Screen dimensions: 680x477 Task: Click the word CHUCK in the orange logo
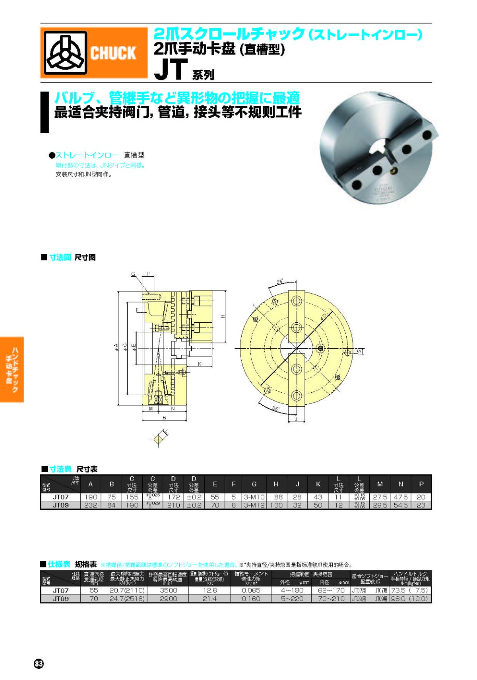click(113, 53)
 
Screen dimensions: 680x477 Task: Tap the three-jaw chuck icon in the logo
click(65, 53)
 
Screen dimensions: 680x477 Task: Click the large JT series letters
click(171, 70)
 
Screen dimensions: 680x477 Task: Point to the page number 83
click(39, 664)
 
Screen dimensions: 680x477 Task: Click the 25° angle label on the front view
click(280, 282)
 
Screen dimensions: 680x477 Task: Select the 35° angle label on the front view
click(275, 409)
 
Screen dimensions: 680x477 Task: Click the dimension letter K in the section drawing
click(200, 364)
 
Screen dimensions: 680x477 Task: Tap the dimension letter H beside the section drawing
click(223, 316)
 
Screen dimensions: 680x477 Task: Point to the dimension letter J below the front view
click(296, 419)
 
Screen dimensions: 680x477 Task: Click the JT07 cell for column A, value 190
click(91, 497)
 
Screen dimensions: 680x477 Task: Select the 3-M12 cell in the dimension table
click(254, 505)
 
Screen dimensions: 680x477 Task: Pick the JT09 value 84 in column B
click(112, 505)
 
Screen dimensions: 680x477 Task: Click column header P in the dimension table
click(421, 484)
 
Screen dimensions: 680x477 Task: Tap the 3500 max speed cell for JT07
click(168, 590)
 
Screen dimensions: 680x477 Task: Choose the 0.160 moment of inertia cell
click(251, 599)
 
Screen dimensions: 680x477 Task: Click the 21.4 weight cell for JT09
click(209, 599)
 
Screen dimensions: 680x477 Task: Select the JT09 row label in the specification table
click(61, 599)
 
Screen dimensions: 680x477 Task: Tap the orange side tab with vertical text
click(12, 370)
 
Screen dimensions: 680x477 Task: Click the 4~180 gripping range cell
click(292, 590)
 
